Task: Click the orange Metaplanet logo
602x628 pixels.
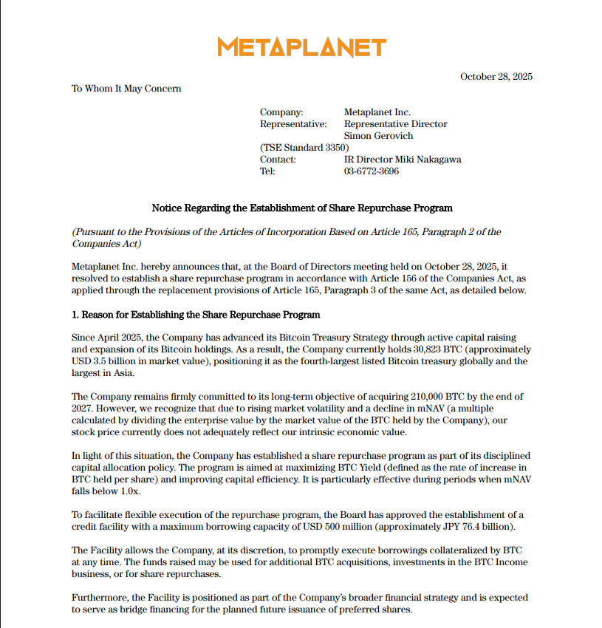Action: (301, 47)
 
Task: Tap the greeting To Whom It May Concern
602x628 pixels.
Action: (126, 89)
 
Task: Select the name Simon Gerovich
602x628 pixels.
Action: (378, 136)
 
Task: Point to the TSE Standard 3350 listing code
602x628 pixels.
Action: (299, 148)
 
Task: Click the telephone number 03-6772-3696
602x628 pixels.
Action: (372, 171)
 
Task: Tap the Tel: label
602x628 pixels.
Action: (267, 171)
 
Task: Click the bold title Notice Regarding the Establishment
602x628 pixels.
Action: (301, 208)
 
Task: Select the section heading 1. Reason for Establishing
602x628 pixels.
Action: (196, 315)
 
